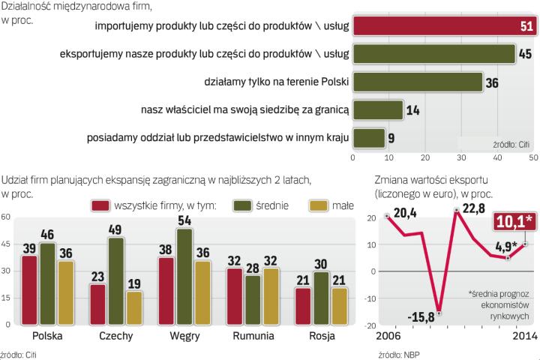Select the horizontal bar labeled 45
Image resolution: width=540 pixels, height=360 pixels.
coord(434,53)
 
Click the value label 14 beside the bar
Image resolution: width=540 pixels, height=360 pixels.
coord(413,109)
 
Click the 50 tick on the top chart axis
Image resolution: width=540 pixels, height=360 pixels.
coord(533,158)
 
